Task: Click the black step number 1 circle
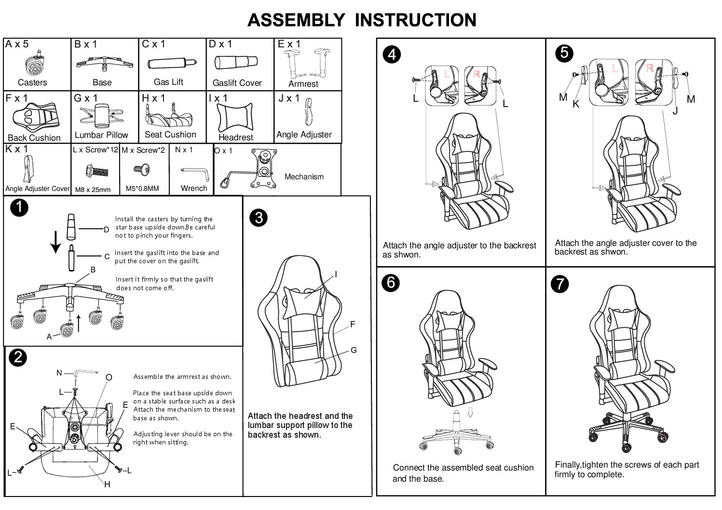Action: [x=19, y=208]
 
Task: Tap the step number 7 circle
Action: [x=559, y=284]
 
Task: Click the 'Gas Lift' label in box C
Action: [x=168, y=82]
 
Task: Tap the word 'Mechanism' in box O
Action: [x=304, y=177]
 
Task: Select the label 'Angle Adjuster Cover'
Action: [x=37, y=188]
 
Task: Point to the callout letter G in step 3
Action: [x=354, y=350]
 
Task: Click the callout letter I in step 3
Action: [x=336, y=274]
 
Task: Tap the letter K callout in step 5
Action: [x=575, y=104]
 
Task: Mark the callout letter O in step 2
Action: [x=109, y=377]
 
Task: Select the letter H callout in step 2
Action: [x=107, y=484]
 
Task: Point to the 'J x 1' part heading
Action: [x=289, y=98]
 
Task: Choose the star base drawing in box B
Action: [x=102, y=64]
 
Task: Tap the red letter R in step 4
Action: [x=477, y=74]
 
